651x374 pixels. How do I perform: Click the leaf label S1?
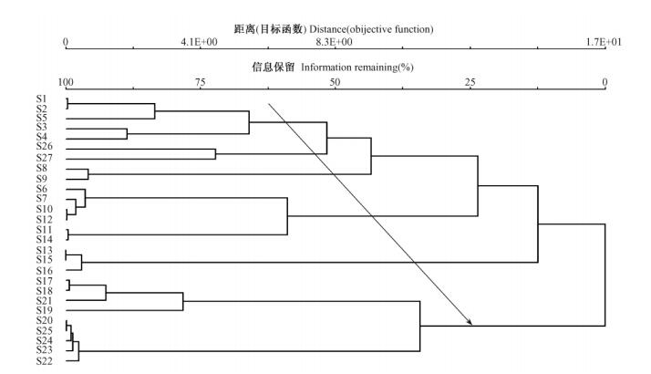pos(43,98)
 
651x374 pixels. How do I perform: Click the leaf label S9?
pos(43,178)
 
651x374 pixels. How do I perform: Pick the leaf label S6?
pos(43,189)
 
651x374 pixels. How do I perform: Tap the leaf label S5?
pos(43,118)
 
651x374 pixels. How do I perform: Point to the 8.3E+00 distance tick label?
pos(335,42)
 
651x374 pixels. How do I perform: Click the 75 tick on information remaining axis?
pos(200,83)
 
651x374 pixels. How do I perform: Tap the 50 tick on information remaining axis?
pos(335,83)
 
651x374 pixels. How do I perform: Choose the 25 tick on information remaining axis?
pos(470,83)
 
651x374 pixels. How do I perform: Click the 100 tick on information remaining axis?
pos(66,83)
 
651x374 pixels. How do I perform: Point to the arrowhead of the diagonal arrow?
pos(470,323)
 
